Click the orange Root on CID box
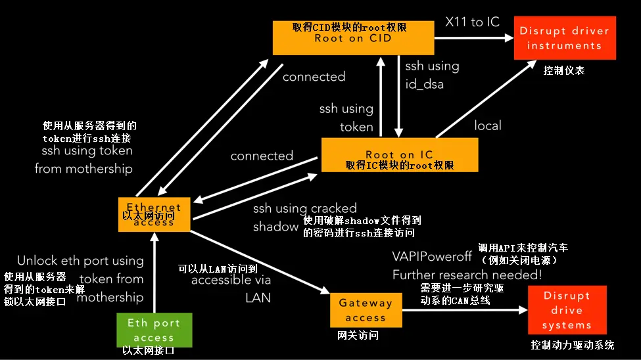click(x=352, y=37)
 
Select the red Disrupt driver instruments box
click(x=564, y=38)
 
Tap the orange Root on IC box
click(x=399, y=155)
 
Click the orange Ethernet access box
click(x=154, y=214)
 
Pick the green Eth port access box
click(x=153, y=330)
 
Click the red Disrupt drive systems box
click(x=567, y=310)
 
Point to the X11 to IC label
click(x=473, y=22)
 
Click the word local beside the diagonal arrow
click(x=488, y=125)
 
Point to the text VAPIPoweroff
click(x=432, y=256)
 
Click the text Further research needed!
click(x=467, y=275)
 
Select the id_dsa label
click(x=425, y=83)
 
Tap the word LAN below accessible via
click(x=258, y=297)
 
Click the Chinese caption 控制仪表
click(x=563, y=70)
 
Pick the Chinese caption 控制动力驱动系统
click(x=572, y=345)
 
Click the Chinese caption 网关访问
click(x=357, y=335)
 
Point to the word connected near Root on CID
click(x=314, y=77)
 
